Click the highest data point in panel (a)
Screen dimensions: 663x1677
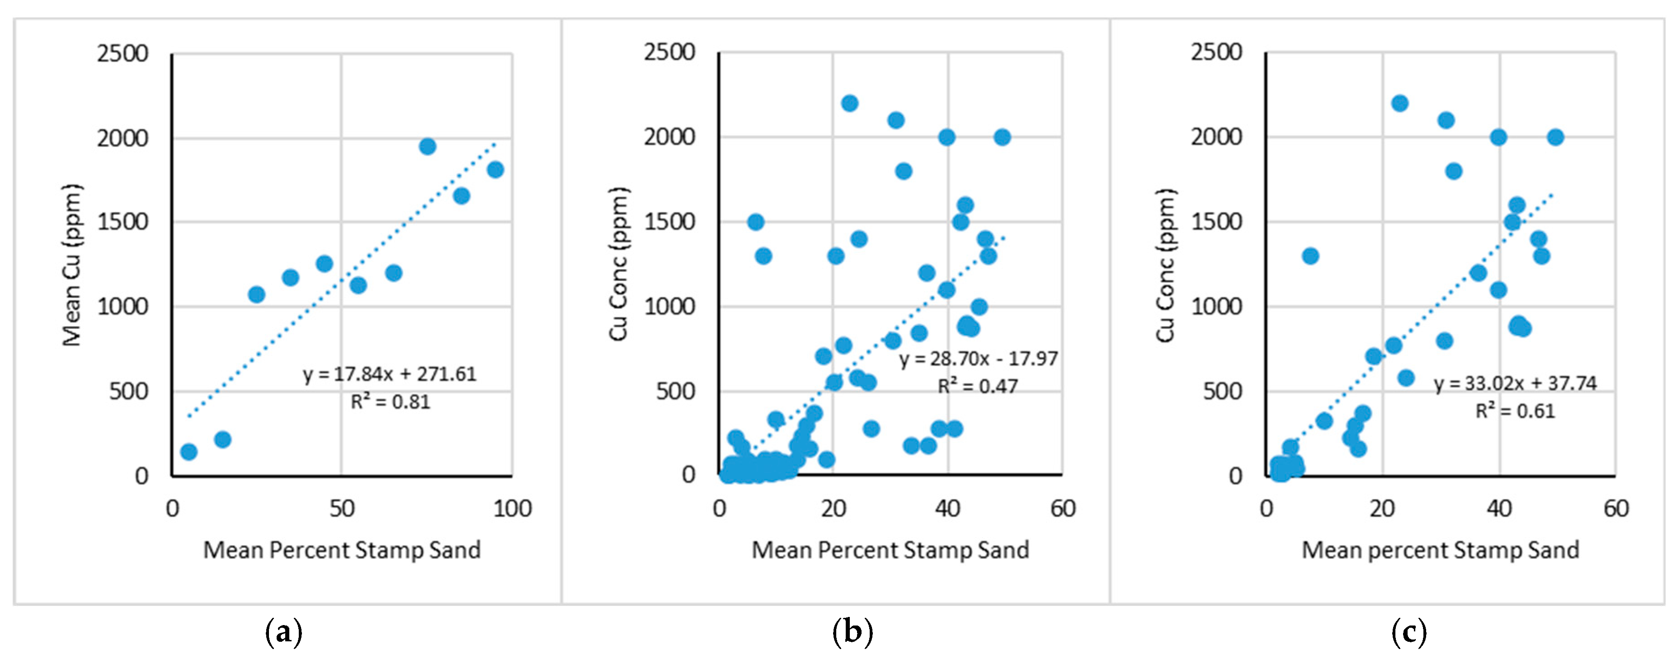tap(427, 146)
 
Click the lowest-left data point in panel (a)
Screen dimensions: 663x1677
tap(189, 452)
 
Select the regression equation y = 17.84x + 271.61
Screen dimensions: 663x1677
tap(389, 374)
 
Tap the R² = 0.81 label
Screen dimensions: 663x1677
tap(391, 402)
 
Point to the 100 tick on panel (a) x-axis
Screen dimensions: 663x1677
tap(512, 508)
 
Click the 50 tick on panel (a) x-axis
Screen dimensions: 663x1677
tap(342, 508)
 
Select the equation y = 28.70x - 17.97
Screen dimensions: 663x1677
tap(979, 359)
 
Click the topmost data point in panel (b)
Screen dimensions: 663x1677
tap(849, 103)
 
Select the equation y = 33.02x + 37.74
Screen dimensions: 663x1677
tap(1515, 383)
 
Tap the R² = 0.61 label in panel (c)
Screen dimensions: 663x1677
tap(1515, 411)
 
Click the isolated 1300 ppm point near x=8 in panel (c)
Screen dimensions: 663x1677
tap(1310, 256)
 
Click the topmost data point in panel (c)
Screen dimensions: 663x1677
tap(1399, 103)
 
